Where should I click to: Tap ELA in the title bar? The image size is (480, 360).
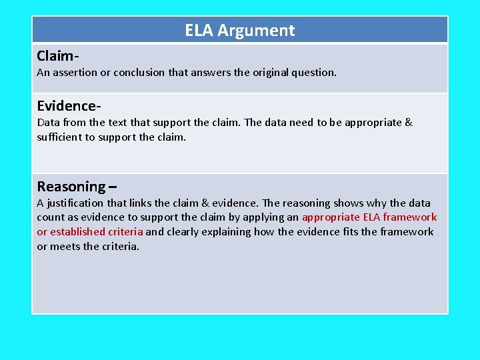tap(199, 31)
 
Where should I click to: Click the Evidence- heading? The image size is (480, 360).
tap(69, 106)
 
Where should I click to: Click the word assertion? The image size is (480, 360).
tap(75, 72)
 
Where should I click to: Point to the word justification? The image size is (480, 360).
tap(75, 203)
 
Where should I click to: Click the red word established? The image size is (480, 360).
tap(79, 232)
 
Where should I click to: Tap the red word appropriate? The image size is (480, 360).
tap(331, 217)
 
